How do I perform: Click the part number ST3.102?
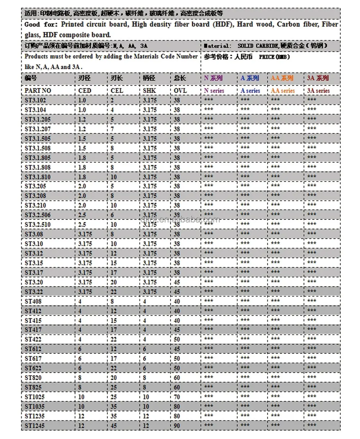pyautogui.click(x=35, y=100)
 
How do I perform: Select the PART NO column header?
pyautogui.click(x=38, y=90)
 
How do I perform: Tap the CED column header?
pyautogui.click(x=85, y=90)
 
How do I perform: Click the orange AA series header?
pyautogui.click(x=283, y=91)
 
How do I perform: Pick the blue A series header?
pyautogui.click(x=250, y=91)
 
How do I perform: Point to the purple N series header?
pyautogui.click(x=214, y=91)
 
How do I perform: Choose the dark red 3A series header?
pyautogui.click(x=318, y=91)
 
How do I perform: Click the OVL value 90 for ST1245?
pyautogui.click(x=177, y=426)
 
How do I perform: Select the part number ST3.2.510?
pyautogui.click(x=38, y=224)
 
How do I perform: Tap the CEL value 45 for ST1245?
pyautogui.click(x=114, y=426)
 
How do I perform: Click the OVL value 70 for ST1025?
pyautogui.click(x=177, y=397)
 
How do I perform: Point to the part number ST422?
pyautogui.click(x=33, y=339)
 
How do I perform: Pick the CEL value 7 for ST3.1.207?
pyautogui.click(x=112, y=129)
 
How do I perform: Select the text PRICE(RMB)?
pyautogui.click(x=274, y=57)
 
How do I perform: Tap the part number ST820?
pyautogui.click(x=33, y=378)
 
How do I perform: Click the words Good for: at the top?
pyautogui.click(x=40, y=24)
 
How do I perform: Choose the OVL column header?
pyautogui.click(x=180, y=90)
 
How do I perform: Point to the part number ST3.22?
pyautogui.click(x=34, y=291)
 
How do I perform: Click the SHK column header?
pyautogui.click(x=149, y=90)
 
